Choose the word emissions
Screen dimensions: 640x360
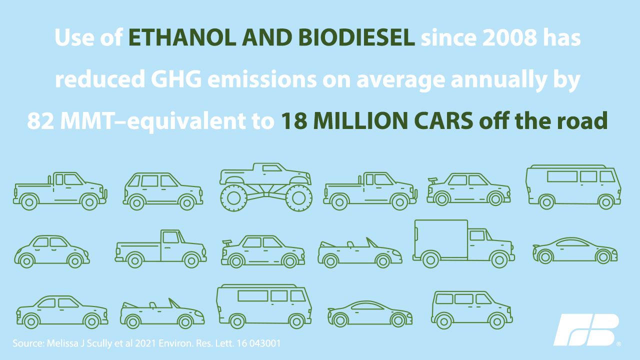point(262,79)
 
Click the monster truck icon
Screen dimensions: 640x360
point(266,187)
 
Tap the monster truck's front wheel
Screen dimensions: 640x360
point(299,198)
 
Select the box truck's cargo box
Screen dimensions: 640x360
point(441,239)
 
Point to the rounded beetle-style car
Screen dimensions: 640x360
point(51,251)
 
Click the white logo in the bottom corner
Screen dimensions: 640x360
point(587,330)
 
